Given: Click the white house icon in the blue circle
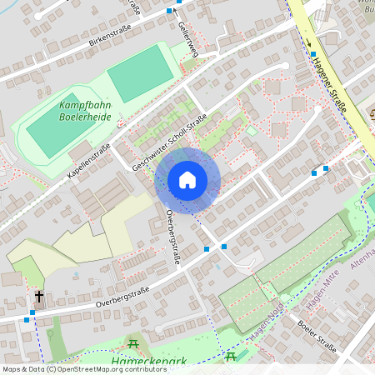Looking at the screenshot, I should [x=187, y=180].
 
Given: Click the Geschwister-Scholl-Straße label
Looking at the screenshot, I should [x=169, y=144].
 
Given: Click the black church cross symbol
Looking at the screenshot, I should [x=38, y=296].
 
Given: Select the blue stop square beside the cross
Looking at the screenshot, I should [x=32, y=312].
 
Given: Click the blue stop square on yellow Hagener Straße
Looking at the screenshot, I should [x=313, y=54].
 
